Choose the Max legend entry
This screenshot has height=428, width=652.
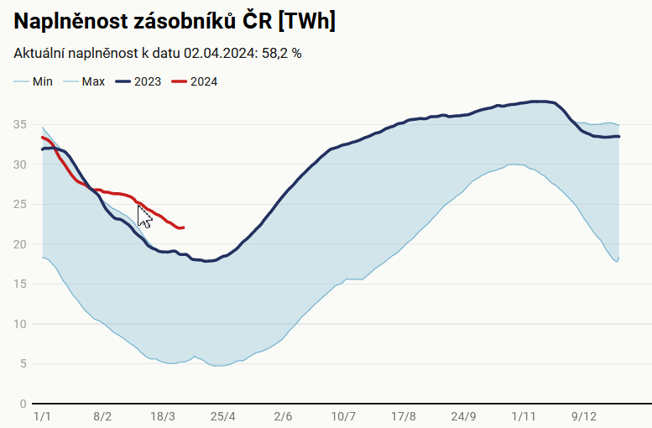tap(93, 81)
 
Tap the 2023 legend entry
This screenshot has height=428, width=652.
tap(148, 81)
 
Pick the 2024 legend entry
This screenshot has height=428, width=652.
tap(204, 81)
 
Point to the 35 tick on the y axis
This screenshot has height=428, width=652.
tap(22, 124)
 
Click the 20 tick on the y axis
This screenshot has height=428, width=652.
tap(22, 244)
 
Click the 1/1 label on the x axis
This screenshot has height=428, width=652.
tap(42, 416)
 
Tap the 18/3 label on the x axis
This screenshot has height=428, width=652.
tap(163, 416)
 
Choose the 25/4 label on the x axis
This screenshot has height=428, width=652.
tap(223, 416)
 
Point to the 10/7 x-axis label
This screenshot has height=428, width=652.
tap(343, 416)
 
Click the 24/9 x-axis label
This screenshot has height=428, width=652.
tap(463, 416)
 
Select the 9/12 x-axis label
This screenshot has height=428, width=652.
tap(584, 416)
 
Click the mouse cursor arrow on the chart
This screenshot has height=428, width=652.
tap(143, 217)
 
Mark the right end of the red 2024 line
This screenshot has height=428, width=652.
tap(183, 227)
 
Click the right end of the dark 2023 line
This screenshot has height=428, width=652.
tap(618, 136)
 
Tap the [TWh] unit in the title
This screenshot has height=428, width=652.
tap(310, 21)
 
